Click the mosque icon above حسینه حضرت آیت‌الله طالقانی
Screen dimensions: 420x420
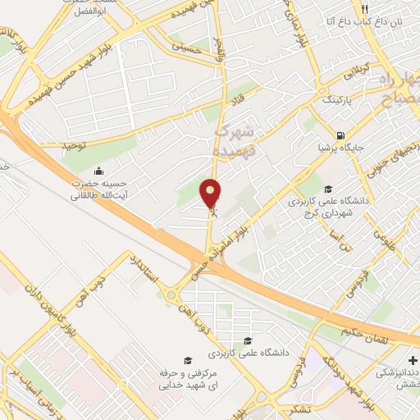click(x=99, y=171)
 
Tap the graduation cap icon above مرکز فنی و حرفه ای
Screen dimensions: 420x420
click(x=188, y=360)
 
